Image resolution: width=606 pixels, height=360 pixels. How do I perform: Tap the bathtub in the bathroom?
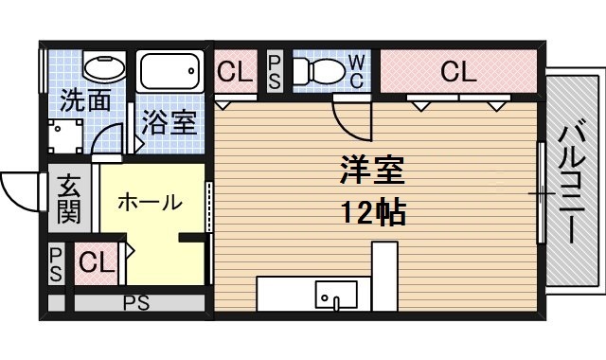[x=169, y=70]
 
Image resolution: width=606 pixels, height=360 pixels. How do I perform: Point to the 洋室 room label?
[x=372, y=171]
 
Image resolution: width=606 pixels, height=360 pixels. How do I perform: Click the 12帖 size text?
[x=373, y=211]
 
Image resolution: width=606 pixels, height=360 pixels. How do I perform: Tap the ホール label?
[x=150, y=202]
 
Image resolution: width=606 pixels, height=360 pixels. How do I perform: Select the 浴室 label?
[x=169, y=122]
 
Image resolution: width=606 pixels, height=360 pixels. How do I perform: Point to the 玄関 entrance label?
[x=66, y=199]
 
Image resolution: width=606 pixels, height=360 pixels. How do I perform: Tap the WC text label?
[x=358, y=70]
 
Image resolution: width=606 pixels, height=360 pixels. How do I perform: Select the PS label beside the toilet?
[x=275, y=71]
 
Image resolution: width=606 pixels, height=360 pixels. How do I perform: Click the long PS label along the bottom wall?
[x=135, y=304]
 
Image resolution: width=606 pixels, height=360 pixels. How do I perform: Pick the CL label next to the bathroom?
[x=233, y=70]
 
